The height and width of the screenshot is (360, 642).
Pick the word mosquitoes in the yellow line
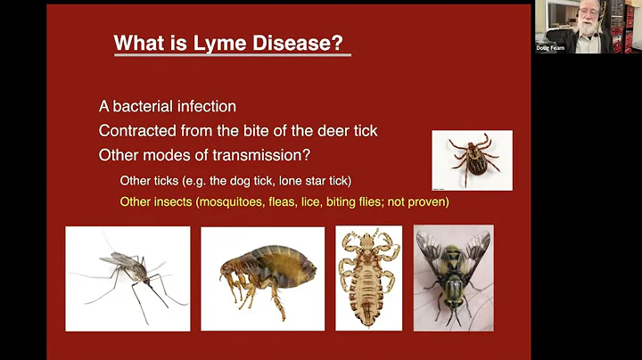pos(235,202)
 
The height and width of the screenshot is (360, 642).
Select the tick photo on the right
pos(472,160)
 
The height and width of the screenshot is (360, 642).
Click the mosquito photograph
pos(128,278)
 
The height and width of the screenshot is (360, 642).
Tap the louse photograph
pos(368,278)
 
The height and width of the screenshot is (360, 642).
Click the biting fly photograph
pos(453,278)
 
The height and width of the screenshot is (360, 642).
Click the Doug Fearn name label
pos(551,47)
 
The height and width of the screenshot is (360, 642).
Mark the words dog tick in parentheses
pos(216,181)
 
